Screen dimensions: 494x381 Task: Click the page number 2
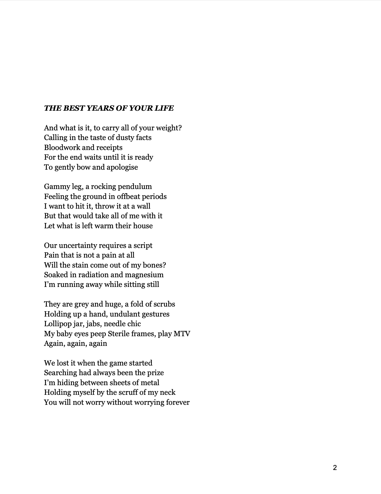click(x=335, y=467)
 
